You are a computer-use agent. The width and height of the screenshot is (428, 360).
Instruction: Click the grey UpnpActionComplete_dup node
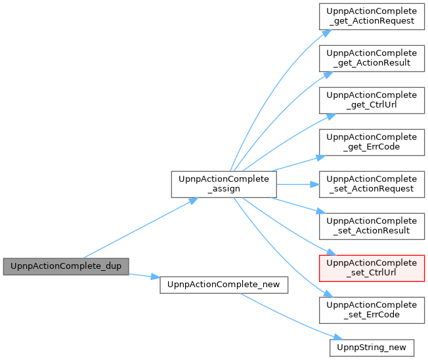pyautogui.click(x=66, y=266)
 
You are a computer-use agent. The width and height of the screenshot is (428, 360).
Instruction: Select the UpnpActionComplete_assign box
pyautogui.click(x=224, y=184)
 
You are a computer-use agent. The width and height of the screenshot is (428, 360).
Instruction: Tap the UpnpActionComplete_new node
pyautogui.click(x=224, y=285)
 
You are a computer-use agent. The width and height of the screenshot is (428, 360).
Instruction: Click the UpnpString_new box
pyautogui.click(x=372, y=348)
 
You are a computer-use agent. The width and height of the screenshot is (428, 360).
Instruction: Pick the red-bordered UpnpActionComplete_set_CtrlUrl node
pyautogui.click(x=372, y=268)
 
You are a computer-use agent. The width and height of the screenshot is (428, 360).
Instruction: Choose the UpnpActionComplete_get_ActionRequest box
pyautogui.click(x=372, y=16)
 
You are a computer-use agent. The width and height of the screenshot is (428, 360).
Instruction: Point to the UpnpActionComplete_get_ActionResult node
pyautogui.click(x=372, y=58)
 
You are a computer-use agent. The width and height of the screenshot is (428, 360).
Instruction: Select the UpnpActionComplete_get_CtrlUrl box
pyautogui.click(x=372, y=100)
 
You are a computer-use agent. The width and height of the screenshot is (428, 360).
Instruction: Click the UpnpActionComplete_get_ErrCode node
pyautogui.click(x=372, y=142)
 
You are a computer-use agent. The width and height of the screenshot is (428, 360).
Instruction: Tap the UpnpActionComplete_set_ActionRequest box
pyautogui.click(x=372, y=184)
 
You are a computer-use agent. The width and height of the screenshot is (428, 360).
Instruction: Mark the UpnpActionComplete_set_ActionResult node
pyautogui.click(x=372, y=226)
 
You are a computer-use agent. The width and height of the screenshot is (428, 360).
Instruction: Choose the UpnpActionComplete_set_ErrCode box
pyautogui.click(x=372, y=310)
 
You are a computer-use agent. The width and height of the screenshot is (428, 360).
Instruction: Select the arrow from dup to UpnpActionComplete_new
pyautogui.click(x=144, y=275)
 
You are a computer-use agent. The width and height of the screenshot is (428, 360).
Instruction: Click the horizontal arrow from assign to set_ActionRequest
pyautogui.click(x=298, y=185)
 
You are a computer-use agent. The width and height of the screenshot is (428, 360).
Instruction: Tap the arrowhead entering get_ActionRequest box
pyautogui.click(x=327, y=33)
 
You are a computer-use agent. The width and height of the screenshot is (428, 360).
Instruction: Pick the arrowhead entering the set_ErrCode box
pyautogui.click(x=328, y=294)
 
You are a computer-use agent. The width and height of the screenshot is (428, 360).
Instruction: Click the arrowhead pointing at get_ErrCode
pyautogui.click(x=321, y=157)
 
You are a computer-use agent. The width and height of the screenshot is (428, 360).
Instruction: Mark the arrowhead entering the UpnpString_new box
pyautogui.click(x=339, y=337)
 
